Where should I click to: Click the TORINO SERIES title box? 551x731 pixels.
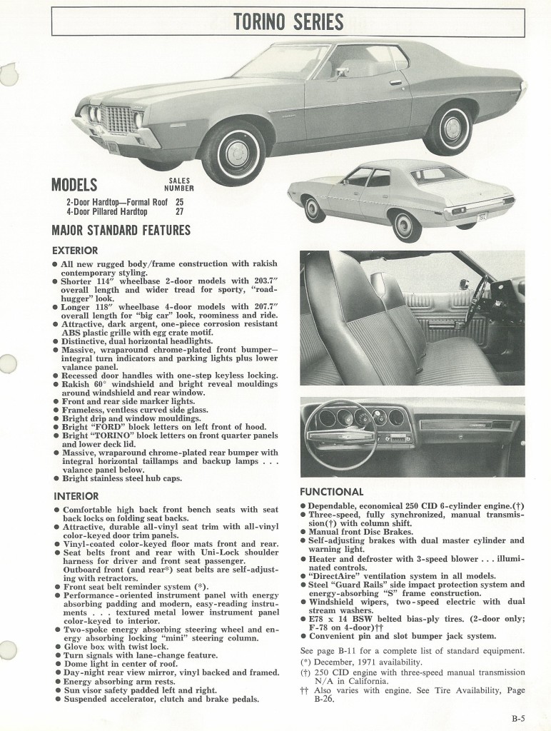[288, 21]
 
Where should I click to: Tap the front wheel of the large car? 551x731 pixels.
[233, 153]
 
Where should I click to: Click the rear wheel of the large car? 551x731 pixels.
[452, 129]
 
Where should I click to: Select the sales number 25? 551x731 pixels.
[179, 201]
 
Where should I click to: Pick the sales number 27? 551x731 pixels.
[179, 211]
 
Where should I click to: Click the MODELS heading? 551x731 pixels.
[74, 186]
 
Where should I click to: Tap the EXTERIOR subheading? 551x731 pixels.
[75, 251]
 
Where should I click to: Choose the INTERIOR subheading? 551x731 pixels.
[76, 496]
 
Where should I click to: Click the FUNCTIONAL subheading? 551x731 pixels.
[331, 492]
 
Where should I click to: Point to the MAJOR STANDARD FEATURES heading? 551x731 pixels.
[121, 231]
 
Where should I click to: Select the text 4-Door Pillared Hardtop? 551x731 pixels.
[107, 211]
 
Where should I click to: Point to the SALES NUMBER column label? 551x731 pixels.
[178, 186]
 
